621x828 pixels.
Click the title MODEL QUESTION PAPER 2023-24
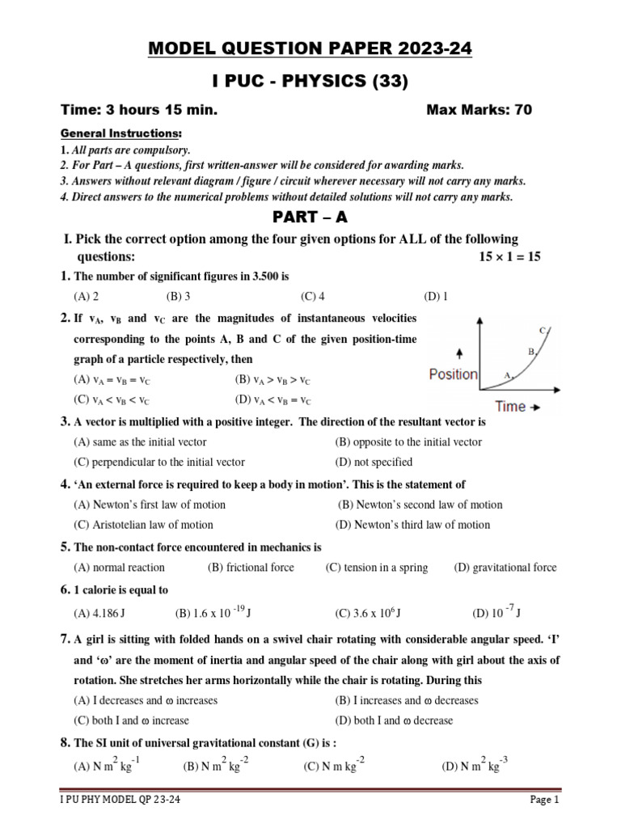point(310,50)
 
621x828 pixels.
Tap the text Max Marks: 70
point(479,110)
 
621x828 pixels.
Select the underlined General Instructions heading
point(122,133)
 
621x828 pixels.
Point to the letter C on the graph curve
point(543,330)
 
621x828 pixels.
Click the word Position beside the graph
point(453,374)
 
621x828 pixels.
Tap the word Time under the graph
point(510,407)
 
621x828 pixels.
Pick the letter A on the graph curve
point(508,375)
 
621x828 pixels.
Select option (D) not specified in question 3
point(374,462)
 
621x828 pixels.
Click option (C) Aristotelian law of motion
point(143,525)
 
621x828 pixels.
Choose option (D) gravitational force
point(505,568)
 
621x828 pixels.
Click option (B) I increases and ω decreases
point(407,700)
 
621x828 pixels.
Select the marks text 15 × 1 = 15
point(509,257)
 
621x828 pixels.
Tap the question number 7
point(65,639)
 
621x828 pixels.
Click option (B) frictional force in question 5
point(251,568)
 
